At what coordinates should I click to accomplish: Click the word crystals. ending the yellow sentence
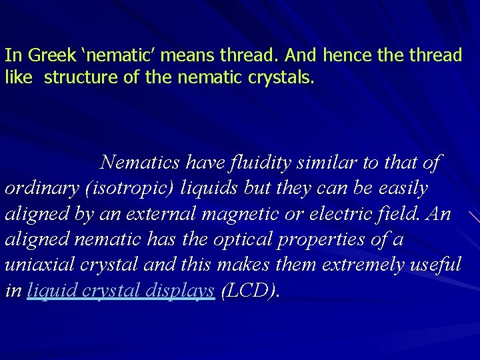[281, 78]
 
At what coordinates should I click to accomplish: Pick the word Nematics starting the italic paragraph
[140, 162]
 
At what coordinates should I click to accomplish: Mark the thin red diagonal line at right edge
[473, 217]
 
